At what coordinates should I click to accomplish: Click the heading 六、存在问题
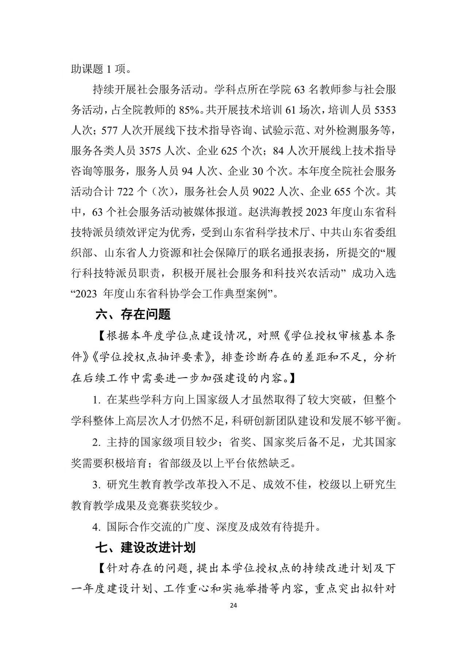point(133,314)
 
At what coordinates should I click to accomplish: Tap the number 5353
point(385,110)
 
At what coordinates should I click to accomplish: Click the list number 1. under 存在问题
point(96,400)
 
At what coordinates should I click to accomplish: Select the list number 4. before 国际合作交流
point(96,527)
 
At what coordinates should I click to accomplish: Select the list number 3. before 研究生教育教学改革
point(96,485)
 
